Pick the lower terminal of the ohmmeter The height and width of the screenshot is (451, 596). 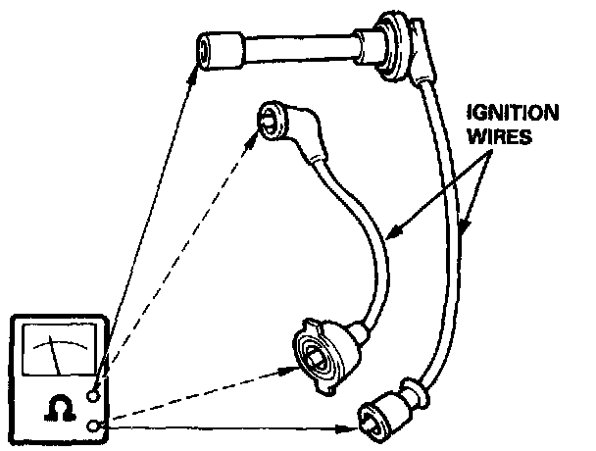95,425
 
